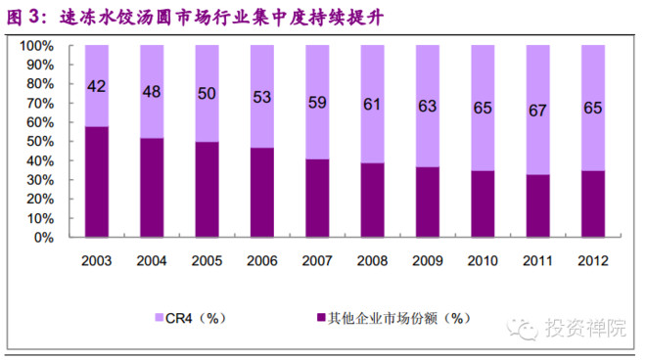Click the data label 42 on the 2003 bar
pyautogui.click(x=97, y=86)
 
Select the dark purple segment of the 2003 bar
pyautogui.click(x=97, y=181)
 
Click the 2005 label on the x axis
pyautogui.click(x=207, y=261)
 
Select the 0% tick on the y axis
pyautogui.click(x=45, y=237)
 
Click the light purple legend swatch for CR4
pyautogui.click(x=160, y=317)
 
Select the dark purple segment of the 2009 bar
pyautogui.click(x=427, y=202)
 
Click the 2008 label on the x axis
pyautogui.click(x=372, y=261)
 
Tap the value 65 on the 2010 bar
pyautogui.click(x=483, y=108)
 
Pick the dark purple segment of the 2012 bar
pyautogui.click(x=592, y=203)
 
